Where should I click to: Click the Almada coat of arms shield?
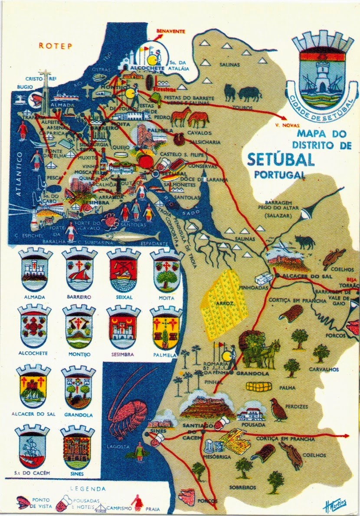coord(36,269)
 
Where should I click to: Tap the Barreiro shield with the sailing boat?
coord(79,269)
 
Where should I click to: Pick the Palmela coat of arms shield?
coord(166,328)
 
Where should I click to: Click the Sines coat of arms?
coord(77,447)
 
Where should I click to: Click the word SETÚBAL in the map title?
coord(281,160)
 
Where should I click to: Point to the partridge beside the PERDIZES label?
coord(278,410)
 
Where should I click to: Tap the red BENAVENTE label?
coord(170,31)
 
